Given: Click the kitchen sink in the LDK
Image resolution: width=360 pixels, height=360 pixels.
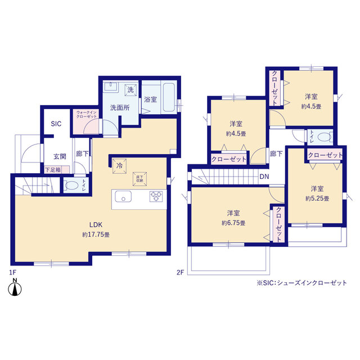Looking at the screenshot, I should (123, 196).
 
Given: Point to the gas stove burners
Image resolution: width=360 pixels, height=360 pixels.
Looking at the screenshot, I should (156, 196).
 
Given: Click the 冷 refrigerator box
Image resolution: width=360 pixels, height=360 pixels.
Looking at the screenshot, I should (119, 166).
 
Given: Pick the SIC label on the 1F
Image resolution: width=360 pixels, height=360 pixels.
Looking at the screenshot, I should (57, 124).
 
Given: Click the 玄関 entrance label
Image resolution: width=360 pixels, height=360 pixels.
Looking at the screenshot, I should (60, 157).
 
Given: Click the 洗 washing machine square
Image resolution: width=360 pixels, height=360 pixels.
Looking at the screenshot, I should (130, 90).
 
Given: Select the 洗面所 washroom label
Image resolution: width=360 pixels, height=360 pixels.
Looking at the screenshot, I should (120, 107).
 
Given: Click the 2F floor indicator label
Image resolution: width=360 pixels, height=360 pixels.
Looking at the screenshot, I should (180, 273).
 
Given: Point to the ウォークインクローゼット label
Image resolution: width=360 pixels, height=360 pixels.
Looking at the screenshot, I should (87, 114).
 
